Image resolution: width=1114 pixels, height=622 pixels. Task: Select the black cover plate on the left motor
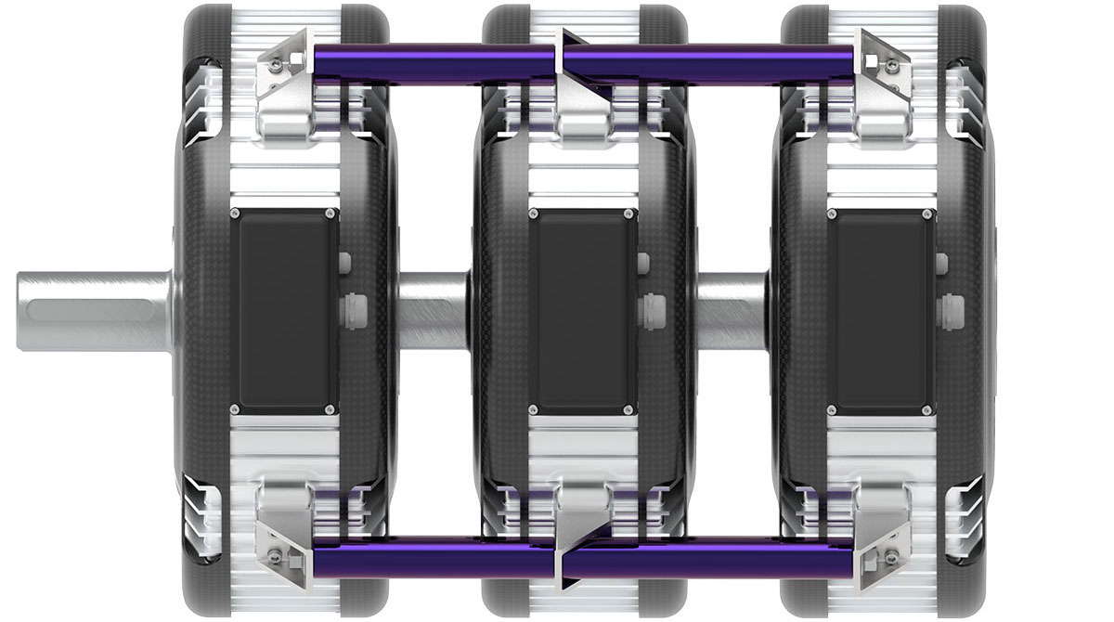click(x=282, y=311)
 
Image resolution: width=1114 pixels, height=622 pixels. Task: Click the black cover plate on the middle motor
click(x=582, y=311)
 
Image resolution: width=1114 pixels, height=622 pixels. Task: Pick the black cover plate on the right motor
click(x=880, y=311)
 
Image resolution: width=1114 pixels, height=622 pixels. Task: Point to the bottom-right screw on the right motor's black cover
click(x=926, y=409)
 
